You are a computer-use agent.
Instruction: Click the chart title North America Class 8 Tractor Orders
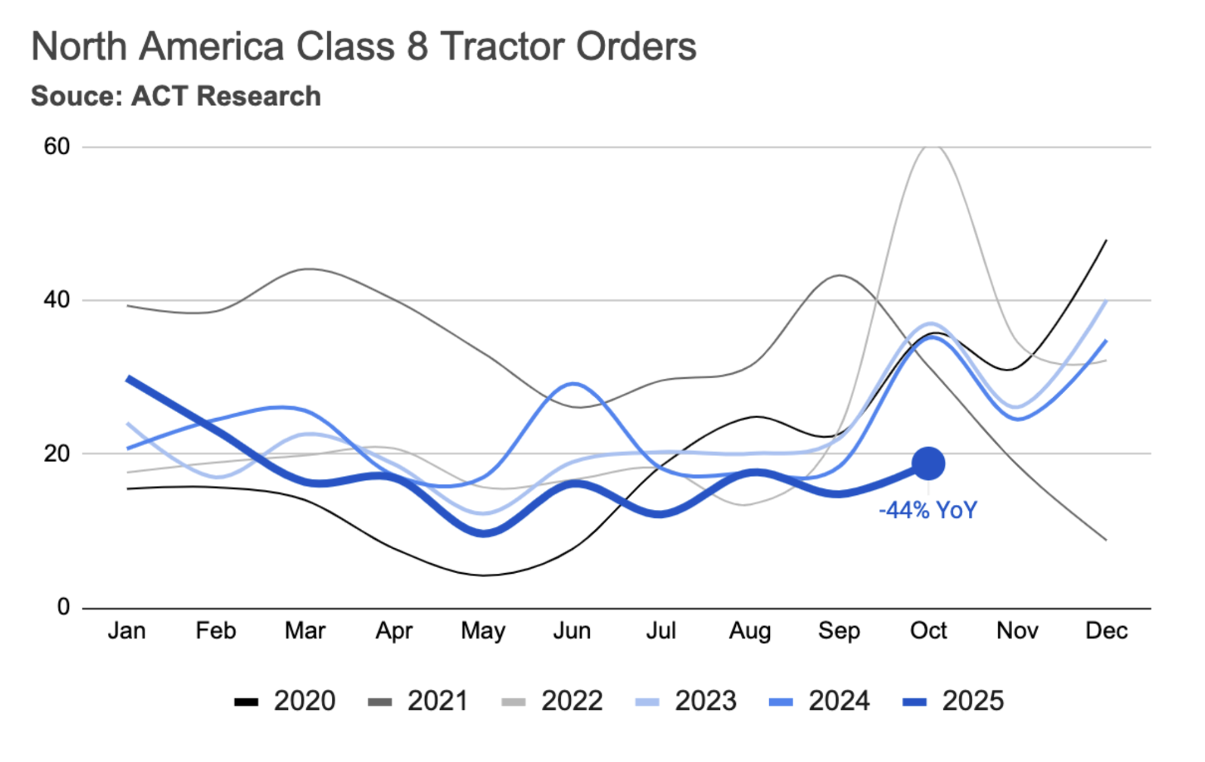click(x=364, y=47)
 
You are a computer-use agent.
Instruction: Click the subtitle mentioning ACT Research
click(x=175, y=96)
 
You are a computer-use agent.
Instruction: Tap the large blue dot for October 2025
click(x=928, y=464)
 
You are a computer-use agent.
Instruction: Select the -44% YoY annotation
click(x=928, y=510)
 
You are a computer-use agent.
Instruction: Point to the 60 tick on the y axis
click(x=57, y=146)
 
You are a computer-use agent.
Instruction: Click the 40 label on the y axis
click(x=57, y=300)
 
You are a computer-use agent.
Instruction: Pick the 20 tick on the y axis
click(x=57, y=454)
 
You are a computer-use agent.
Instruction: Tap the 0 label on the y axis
click(x=63, y=607)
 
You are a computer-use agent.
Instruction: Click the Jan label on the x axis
click(x=127, y=631)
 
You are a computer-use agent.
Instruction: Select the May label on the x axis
click(x=483, y=631)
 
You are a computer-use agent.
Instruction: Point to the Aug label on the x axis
click(x=750, y=631)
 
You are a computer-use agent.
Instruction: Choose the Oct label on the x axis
click(x=928, y=631)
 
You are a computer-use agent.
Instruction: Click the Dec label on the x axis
click(x=1106, y=631)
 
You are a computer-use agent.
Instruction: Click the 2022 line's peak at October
click(x=930, y=146)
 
